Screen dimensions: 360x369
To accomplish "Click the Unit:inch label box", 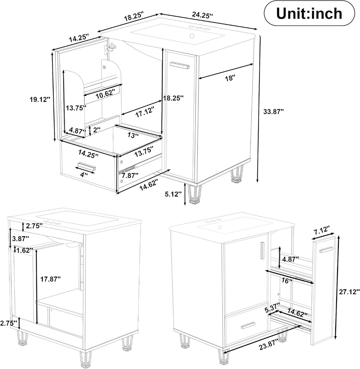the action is coord(309,14).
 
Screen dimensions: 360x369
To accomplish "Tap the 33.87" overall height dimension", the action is coord(274,111).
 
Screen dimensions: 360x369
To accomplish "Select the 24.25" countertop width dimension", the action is coord(202,15).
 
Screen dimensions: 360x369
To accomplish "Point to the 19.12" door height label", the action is coord(40,99).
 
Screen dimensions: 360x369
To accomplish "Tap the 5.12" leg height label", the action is coord(173,194).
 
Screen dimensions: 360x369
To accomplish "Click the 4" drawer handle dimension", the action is coord(84,175).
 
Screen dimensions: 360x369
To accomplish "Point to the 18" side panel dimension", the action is coord(230,78).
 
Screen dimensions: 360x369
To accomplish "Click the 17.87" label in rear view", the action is coord(51,279).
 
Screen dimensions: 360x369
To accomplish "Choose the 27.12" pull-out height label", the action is coord(349,292).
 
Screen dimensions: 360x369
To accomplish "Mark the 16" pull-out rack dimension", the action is coord(287,281).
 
